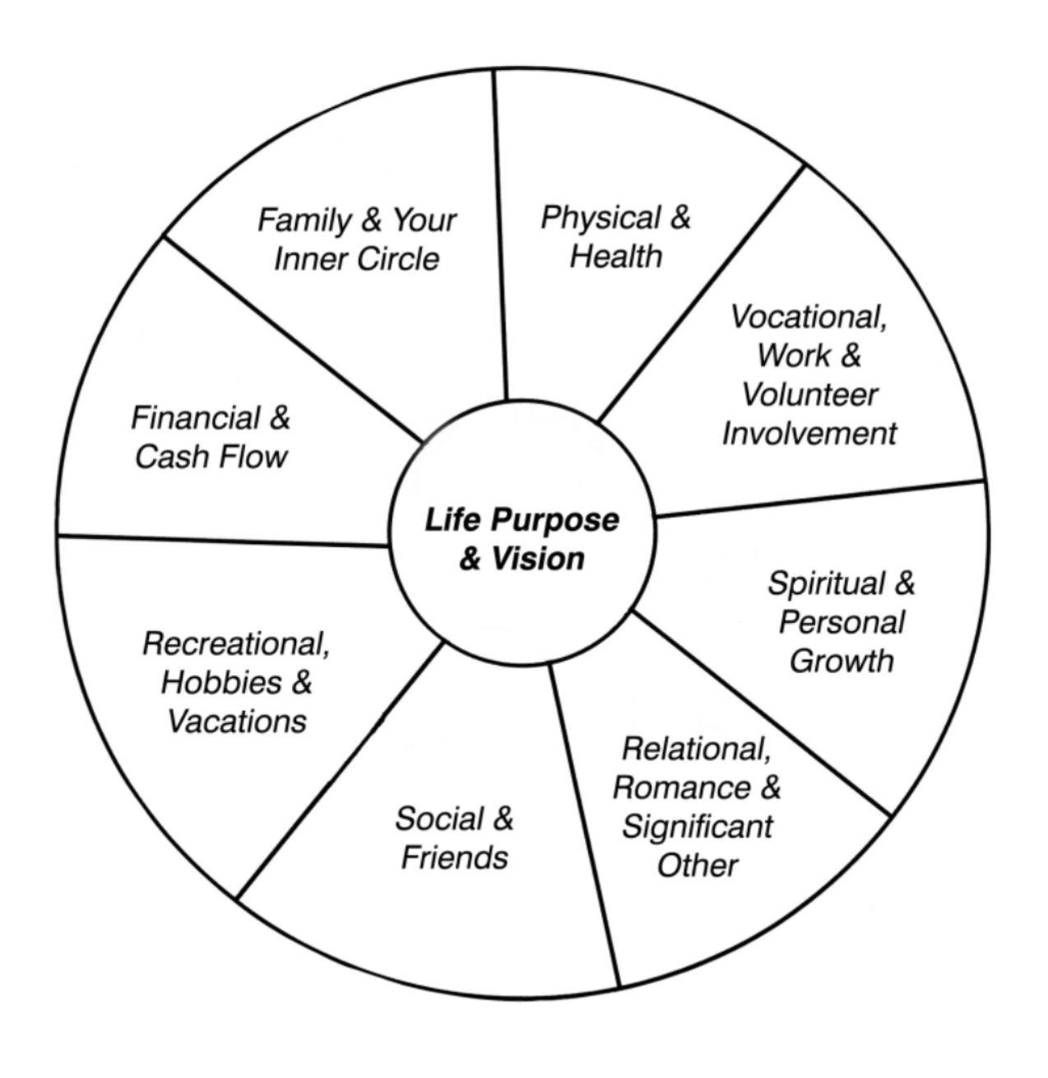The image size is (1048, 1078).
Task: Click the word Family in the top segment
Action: pyautogui.click(x=304, y=221)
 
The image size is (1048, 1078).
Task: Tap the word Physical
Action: pyautogui.click(x=601, y=218)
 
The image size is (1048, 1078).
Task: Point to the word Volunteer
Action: pyautogui.click(x=809, y=395)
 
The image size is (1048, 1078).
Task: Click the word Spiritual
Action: pyautogui.click(x=828, y=583)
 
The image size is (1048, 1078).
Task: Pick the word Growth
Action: pyautogui.click(x=842, y=662)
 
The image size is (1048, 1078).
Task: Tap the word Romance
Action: pyautogui.click(x=681, y=788)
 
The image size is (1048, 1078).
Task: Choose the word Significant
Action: pyautogui.click(x=697, y=827)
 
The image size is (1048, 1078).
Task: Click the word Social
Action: pyautogui.click(x=438, y=819)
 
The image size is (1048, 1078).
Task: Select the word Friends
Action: pyautogui.click(x=454, y=858)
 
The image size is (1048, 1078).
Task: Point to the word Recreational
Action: pyautogui.click(x=236, y=644)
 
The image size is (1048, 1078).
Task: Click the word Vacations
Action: pyautogui.click(x=237, y=722)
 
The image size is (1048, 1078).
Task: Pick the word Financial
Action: pyautogui.click(x=194, y=418)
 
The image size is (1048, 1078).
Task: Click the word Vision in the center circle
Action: pyautogui.click(x=537, y=560)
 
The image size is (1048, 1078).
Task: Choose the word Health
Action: pyautogui.click(x=615, y=257)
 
